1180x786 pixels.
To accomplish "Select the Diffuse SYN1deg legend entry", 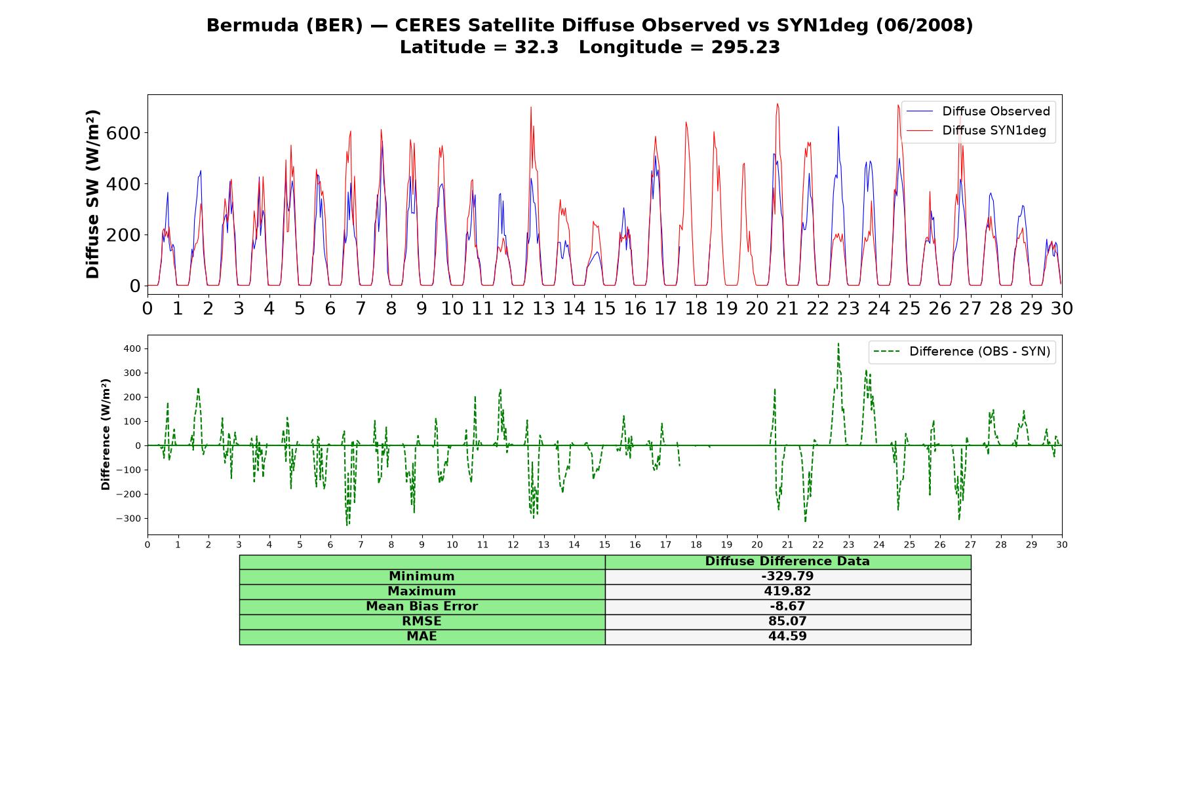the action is coord(976,130).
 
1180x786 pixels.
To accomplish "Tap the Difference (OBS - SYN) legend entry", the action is coord(962,352).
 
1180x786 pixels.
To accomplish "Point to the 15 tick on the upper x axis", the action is coord(604,308).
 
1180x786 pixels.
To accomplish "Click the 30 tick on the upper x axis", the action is coord(1061,308).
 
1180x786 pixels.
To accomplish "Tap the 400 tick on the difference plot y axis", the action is coord(132,348).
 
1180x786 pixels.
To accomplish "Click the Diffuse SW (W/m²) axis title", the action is coord(92,195).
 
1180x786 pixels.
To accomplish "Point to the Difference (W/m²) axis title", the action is coord(106,435).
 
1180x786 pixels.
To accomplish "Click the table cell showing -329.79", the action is coord(787,576).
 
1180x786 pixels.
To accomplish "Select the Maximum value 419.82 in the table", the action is coord(787,591).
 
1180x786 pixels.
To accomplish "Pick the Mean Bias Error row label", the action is coord(422,607).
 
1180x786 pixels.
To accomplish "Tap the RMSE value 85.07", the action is coord(787,622).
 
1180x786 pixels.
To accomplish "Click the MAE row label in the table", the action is coord(422,637).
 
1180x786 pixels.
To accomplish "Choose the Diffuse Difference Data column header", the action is coord(787,561).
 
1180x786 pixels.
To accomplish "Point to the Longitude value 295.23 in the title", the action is coord(745,47).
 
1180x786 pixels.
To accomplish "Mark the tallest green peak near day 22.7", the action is coord(838,343).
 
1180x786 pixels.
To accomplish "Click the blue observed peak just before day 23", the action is coord(838,127).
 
